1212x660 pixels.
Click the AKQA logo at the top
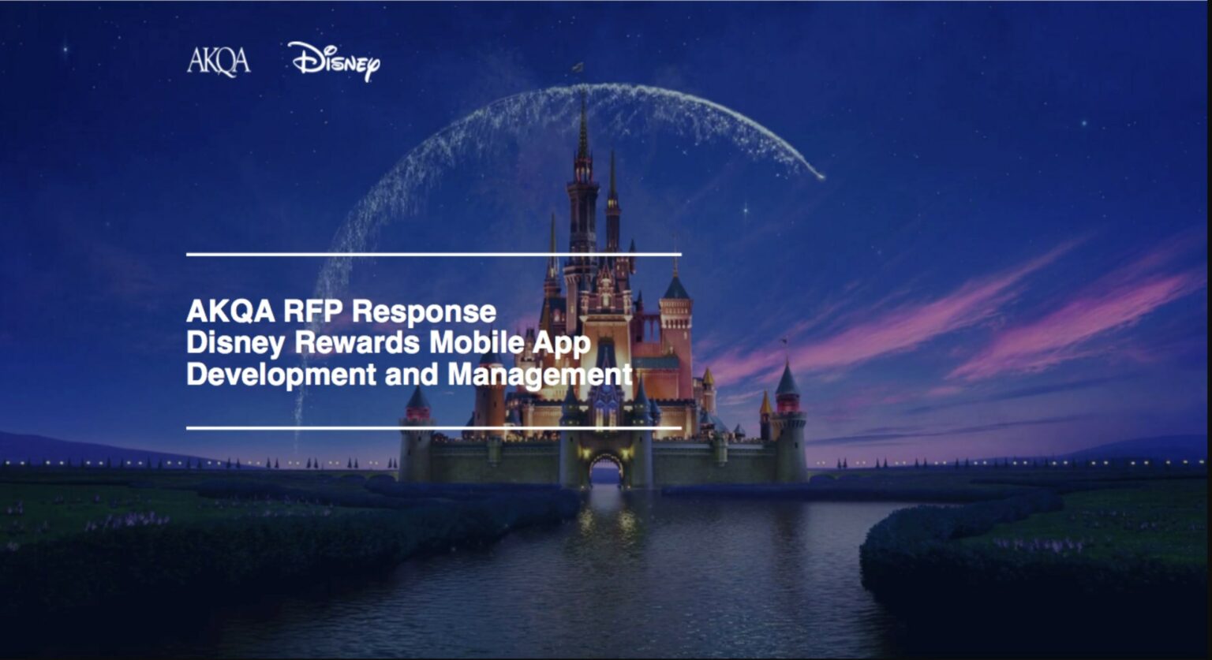point(219,61)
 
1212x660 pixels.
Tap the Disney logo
point(334,61)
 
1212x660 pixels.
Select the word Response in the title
point(424,311)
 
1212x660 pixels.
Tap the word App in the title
point(562,343)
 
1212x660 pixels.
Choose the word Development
point(281,374)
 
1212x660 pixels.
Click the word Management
point(540,374)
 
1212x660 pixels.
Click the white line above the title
point(434,254)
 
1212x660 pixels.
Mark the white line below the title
point(434,428)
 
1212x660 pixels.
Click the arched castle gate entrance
point(605,469)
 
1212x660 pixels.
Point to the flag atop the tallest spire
point(579,68)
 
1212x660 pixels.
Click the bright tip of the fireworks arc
point(821,176)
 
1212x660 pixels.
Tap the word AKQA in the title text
point(230,311)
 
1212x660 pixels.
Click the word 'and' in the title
point(411,374)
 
